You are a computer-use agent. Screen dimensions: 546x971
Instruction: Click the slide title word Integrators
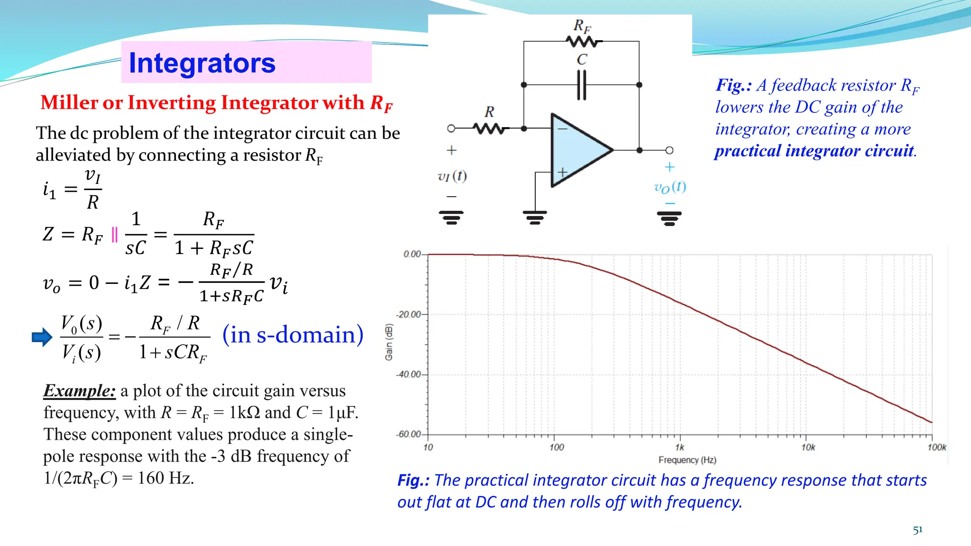point(202,63)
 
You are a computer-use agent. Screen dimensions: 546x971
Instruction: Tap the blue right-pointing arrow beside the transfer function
point(42,337)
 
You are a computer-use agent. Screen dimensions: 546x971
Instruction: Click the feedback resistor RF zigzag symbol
point(583,42)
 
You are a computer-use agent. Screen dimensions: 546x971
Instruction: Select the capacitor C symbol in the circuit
point(582,85)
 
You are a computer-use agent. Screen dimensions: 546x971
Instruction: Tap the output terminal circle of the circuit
point(669,150)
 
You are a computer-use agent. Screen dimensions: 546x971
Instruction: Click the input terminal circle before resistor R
point(451,128)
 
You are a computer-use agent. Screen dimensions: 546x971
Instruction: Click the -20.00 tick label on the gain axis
point(409,314)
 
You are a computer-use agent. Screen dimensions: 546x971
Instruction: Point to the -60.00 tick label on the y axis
point(409,434)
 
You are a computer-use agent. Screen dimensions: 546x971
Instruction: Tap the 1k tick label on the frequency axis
point(680,447)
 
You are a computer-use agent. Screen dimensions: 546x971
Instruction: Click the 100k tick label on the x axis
point(937,447)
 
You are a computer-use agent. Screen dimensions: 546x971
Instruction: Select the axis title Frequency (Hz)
point(687,460)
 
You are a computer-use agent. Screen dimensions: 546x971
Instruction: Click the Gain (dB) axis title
point(389,342)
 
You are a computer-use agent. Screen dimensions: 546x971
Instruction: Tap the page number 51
point(918,530)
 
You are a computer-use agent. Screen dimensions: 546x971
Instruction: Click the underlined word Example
point(79,391)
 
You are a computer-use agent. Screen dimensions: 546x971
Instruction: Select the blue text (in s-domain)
point(293,335)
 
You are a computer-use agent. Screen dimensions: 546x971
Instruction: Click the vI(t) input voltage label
point(452,177)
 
